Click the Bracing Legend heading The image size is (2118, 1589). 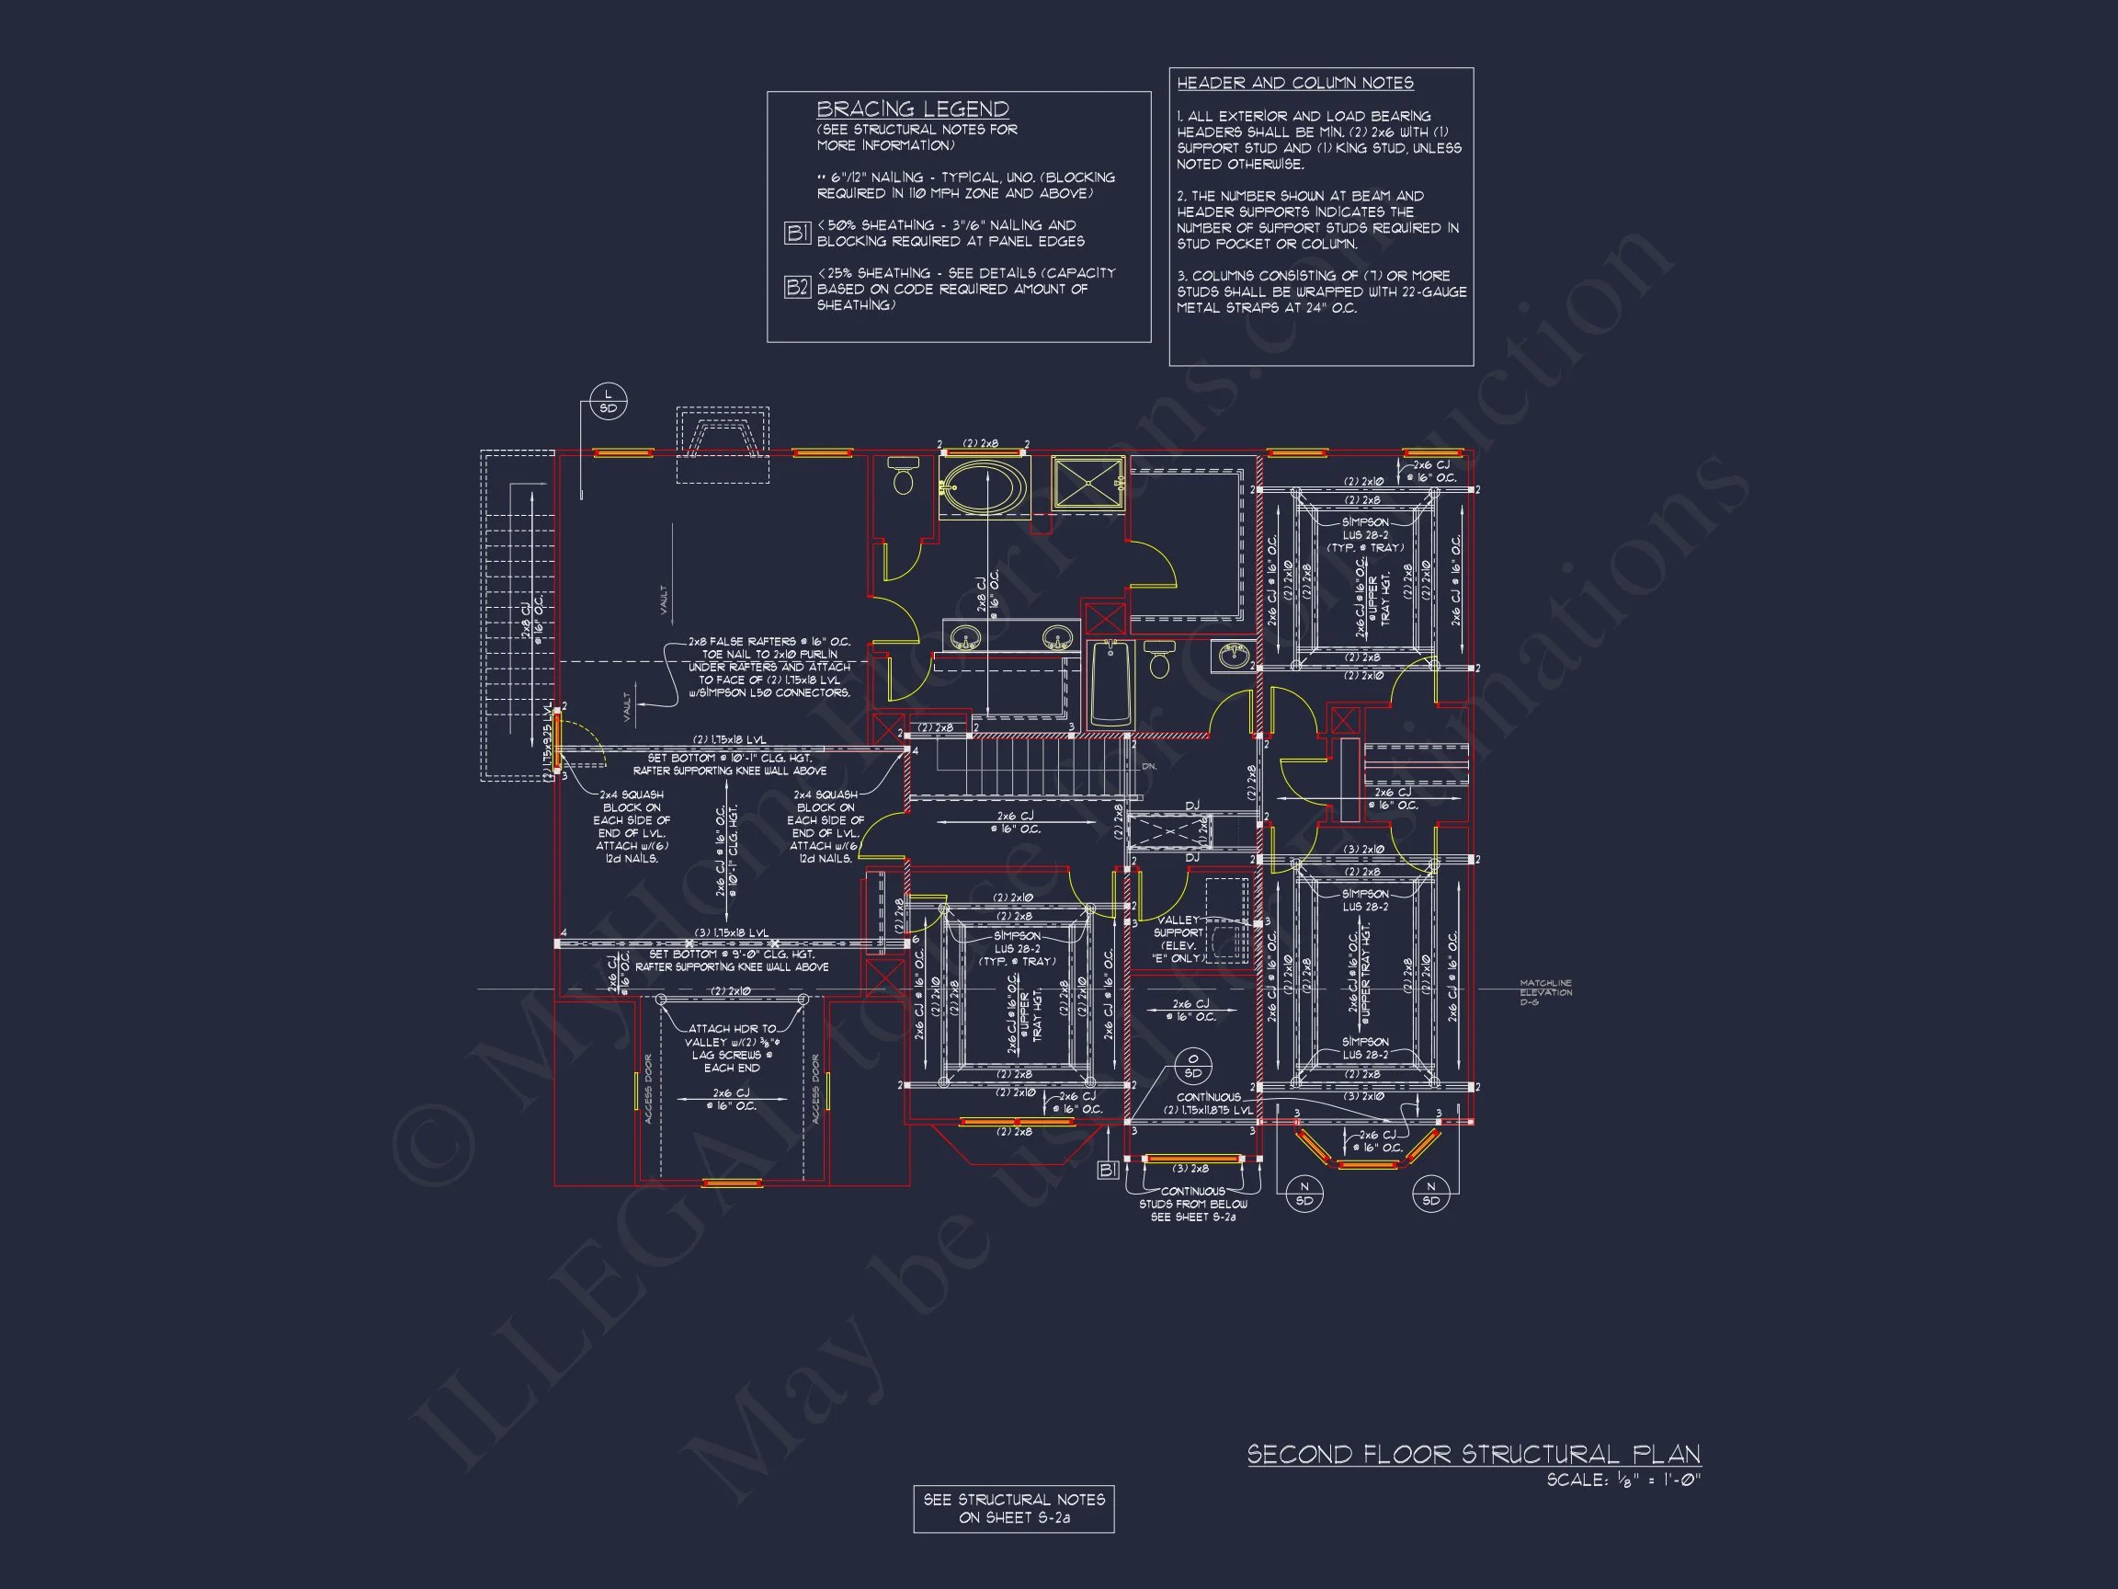(912, 109)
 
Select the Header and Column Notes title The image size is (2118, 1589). (1294, 84)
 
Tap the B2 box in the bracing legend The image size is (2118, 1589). (797, 287)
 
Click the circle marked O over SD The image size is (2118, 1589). (1193, 1065)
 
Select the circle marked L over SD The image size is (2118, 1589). (608, 401)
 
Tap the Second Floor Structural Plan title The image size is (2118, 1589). (1473, 1454)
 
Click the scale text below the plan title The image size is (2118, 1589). (1623, 1480)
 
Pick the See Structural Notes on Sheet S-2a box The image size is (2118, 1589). (1013, 1509)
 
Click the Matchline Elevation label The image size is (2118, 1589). (1545, 992)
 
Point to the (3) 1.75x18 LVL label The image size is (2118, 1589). (732, 932)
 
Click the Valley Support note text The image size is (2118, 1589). (1178, 939)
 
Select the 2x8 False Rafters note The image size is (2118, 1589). (768, 667)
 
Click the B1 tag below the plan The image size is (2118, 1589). (1108, 1170)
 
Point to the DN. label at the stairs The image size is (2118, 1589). (1149, 766)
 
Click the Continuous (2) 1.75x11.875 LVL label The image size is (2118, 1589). (1208, 1103)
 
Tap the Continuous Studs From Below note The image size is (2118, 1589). (1192, 1204)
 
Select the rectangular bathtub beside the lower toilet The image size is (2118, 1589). (1110, 683)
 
